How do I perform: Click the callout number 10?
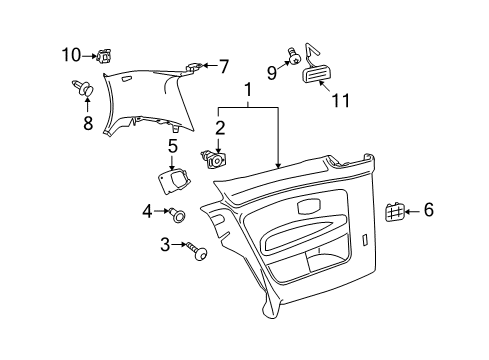(x=71, y=55)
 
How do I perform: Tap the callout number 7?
(x=224, y=66)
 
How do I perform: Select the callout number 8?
(x=88, y=123)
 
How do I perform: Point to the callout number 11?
(x=341, y=100)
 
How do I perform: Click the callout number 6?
(x=429, y=210)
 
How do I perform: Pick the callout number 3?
(x=165, y=245)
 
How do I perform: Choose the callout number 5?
(x=173, y=146)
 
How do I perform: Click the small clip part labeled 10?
(x=104, y=55)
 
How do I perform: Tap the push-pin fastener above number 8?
(x=83, y=88)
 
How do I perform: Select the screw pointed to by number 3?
(x=197, y=251)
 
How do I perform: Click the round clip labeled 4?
(x=177, y=215)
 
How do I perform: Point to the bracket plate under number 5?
(x=174, y=181)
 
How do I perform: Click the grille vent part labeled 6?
(x=394, y=212)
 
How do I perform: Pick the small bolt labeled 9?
(x=294, y=56)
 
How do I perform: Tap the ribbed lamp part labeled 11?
(x=315, y=74)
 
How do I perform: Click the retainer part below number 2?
(x=214, y=160)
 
